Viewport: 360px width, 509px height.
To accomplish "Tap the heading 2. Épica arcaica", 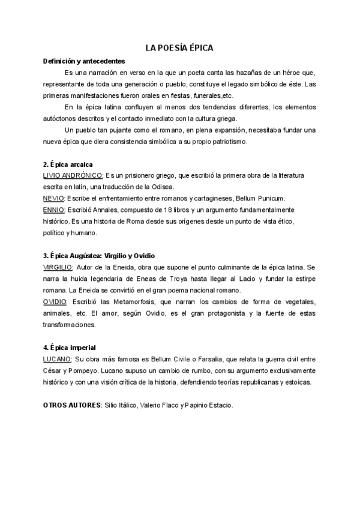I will coord(67,164).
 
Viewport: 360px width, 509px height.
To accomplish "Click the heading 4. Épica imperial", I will coord(70,348).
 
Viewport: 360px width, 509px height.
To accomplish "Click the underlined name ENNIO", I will coord(54,210).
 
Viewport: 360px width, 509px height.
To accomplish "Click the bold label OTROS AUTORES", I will coord(72,405).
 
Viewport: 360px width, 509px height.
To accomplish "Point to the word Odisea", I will coord(161,187).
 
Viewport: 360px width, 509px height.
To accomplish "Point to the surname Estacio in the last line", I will coord(217,405).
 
